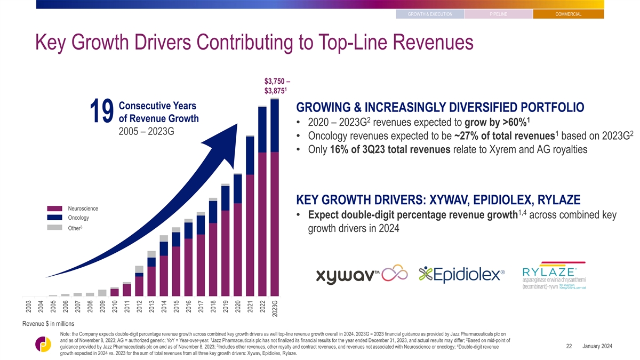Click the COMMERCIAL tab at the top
(x=569, y=14)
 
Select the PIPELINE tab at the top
(x=499, y=14)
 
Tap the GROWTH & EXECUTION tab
(x=430, y=14)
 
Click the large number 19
(x=102, y=111)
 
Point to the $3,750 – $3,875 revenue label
(x=277, y=86)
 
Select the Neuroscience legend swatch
(x=54, y=209)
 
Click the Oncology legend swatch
(x=54, y=218)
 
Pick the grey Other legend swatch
(x=54, y=227)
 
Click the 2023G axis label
(x=275, y=309)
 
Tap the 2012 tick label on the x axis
(x=139, y=307)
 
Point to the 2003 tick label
(x=29, y=307)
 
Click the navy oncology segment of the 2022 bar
(x=262, y=130)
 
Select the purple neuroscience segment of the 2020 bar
(x=238, y=250)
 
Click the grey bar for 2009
(x=102, y=293)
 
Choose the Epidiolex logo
(x=462, y=275)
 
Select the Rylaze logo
(x=554, y=276)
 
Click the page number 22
(x=569, y=346)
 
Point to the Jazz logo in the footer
(x=43, y=344)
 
